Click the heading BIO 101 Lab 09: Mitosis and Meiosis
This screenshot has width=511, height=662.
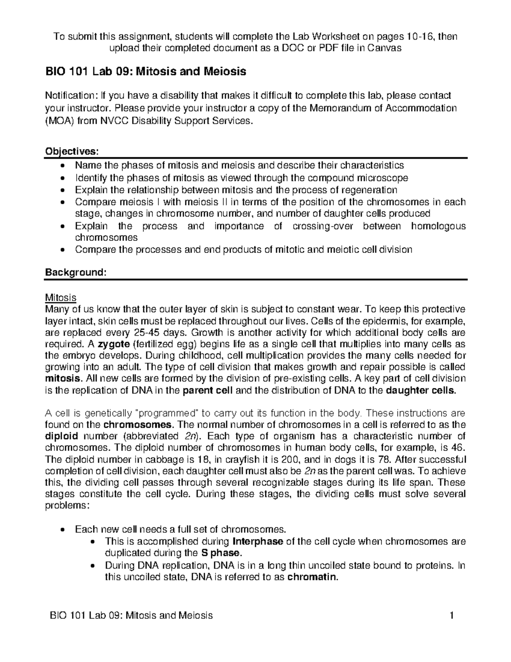pos(146,71)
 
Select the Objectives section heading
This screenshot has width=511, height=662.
pos(72,152)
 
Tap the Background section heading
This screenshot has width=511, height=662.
pos(75,272)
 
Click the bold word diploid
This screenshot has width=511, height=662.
pos(61,436)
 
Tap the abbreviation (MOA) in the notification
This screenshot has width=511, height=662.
pos(59,121)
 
